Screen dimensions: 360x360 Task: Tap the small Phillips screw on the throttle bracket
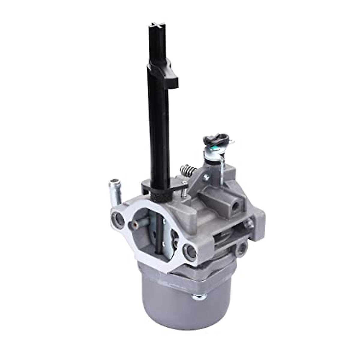(206, 178)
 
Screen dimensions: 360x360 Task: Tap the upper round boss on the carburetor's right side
(249, 223)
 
